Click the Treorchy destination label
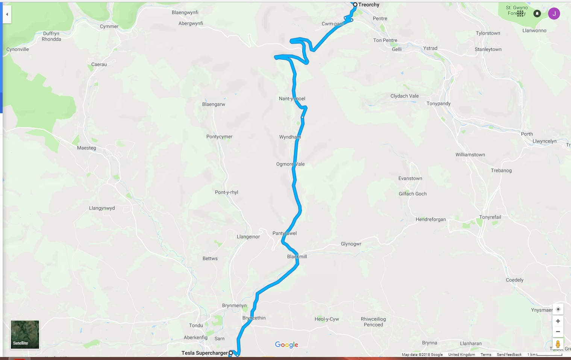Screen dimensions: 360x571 [368, 5]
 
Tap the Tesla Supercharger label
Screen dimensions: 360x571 [204, 353]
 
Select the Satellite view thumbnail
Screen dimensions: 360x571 [25, 334]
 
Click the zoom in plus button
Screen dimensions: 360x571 [558, 321]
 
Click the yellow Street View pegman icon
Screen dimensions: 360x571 [558, 344]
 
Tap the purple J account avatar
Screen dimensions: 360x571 [554, 14]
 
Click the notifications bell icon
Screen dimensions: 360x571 [537, 14]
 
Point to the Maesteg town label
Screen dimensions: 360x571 [86, 148]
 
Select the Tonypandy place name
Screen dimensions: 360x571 [438, 103]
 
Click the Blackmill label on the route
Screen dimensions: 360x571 [297, 257]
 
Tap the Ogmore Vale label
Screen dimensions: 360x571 [290, 164]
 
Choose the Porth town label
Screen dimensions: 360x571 [527, 134]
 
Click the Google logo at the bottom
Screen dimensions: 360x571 [286, 345]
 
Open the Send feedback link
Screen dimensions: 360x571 [509, 355]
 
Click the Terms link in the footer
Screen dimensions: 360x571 [486, 355]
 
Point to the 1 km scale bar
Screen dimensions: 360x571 [549, 355]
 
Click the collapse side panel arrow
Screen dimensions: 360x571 [7, 14]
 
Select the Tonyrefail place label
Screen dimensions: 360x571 [490, 217]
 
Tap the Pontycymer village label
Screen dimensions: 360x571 [219, 137]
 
